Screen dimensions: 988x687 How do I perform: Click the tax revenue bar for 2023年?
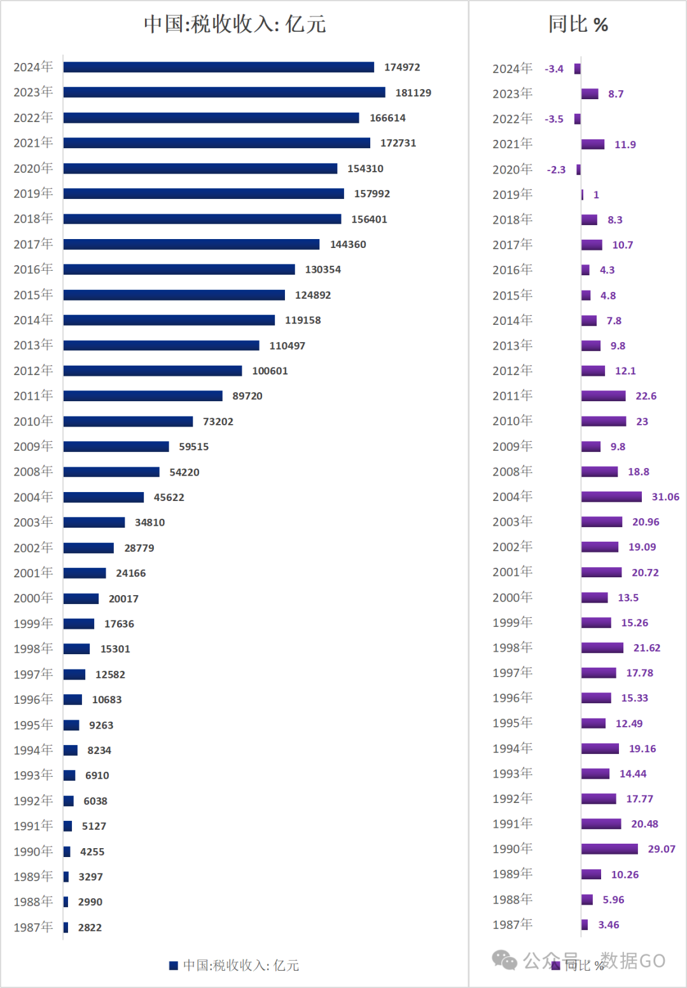coord(224,93)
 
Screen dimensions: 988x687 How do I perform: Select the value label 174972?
coord(402,67)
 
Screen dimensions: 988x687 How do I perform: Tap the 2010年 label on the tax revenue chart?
coord(33,422)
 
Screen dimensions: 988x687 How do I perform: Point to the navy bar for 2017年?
coord(191,244)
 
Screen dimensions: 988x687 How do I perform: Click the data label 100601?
coord(270,371)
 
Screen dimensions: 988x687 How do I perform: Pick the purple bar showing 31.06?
coord(611,497)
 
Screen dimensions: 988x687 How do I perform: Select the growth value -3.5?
coord(554,119)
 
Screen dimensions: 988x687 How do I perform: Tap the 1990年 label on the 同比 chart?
coord(512,849)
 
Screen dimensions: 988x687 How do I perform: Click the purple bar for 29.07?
coord(609,849)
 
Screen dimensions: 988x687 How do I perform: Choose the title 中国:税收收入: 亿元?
coord(235,24)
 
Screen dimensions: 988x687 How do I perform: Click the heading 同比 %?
coord(578,24)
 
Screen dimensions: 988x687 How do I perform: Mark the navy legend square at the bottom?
coord(173,966)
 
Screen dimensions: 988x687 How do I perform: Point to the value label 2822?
coord(90,928)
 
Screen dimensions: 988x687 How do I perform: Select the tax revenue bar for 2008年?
coord(111,472)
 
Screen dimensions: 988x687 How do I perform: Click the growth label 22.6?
coord(646,396)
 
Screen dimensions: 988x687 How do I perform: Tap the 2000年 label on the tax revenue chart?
coord(33,598)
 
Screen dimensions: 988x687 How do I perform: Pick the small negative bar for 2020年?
coord(578,170)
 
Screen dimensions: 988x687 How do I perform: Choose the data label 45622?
coord(169,497)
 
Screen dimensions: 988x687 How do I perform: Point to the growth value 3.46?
coord(608,925)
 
